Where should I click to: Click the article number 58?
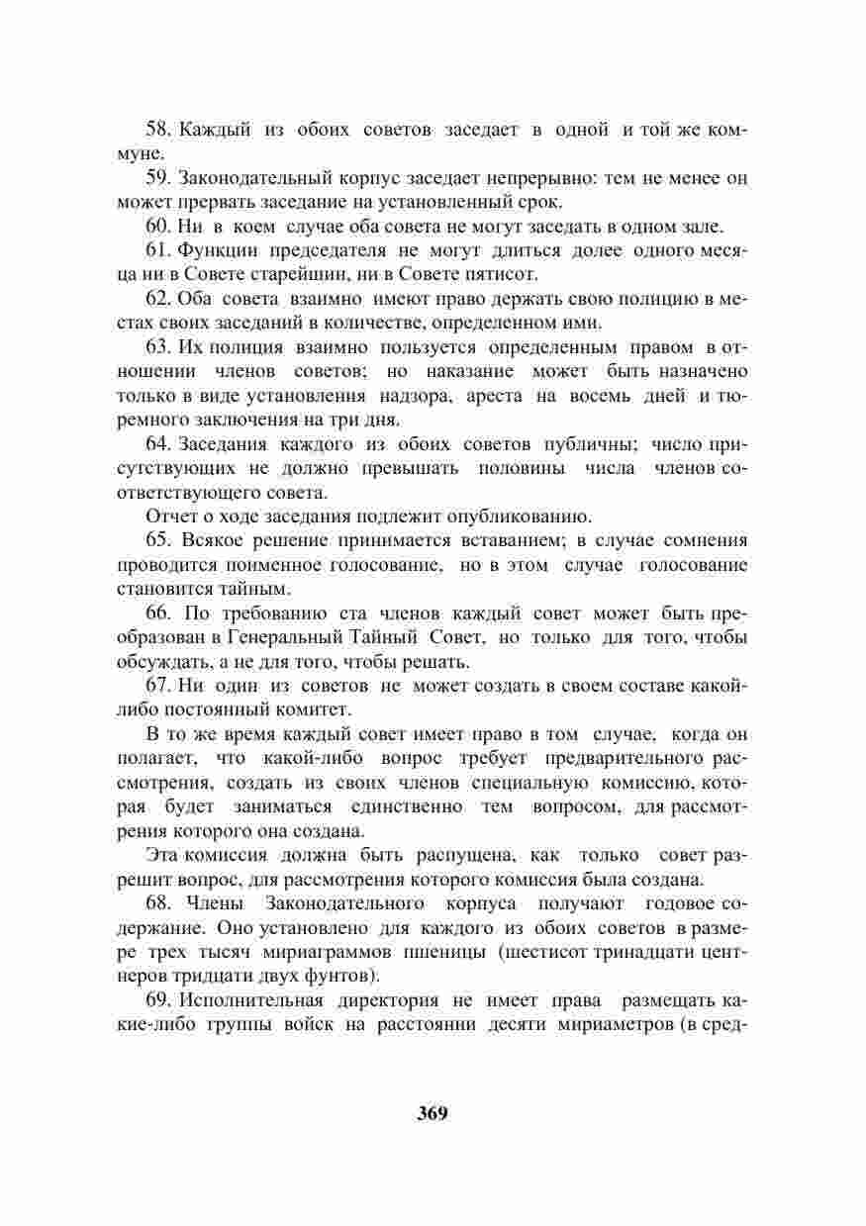pyautogui.click(x=158, y=131)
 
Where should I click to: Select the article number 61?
pyautogui.click(x=158, y=250)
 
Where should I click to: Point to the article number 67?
pyautogui.click(x=158, y=686)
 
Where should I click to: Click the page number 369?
pyautogui.click(x=433, y=1112)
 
